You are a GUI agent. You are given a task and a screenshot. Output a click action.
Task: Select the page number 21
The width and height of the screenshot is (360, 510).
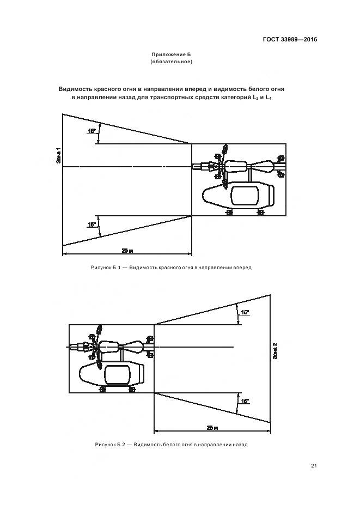click(314, 465)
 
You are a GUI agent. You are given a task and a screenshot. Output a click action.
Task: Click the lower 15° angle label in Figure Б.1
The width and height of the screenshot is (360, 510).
click(91, 224)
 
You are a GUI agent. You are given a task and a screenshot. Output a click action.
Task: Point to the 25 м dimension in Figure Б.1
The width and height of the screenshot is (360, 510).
click(127, 251)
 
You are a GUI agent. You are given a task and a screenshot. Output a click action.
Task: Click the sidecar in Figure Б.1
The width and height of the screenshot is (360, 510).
click(238, 196)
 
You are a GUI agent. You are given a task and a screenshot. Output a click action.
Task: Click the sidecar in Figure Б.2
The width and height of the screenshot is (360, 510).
click(113, 375)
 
